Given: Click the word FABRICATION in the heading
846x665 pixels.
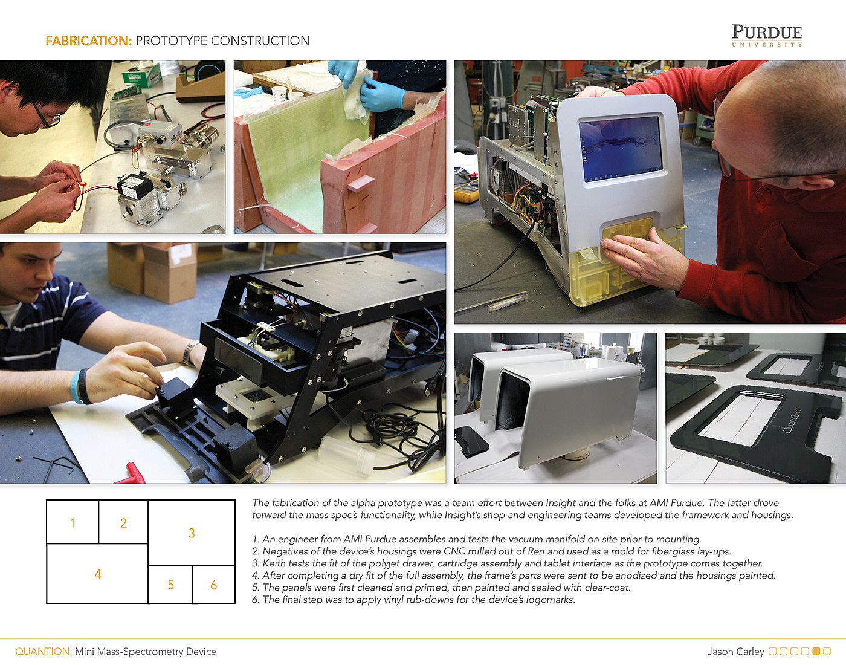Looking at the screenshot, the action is click(89, 41).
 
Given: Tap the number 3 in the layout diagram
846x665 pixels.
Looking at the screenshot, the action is click(192, 533).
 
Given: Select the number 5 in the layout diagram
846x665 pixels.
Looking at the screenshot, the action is click(170, 585).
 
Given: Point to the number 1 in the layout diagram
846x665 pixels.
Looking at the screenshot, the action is click(73, 523).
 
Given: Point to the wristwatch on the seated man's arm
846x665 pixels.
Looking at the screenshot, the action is click(190, 352).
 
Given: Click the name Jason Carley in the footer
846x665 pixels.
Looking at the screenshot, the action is click(735, 651).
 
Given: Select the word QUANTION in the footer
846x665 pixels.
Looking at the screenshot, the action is click(44, 651).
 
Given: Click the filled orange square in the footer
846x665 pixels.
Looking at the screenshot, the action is click(816, 651).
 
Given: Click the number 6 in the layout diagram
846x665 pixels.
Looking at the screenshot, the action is click(213, 585).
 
